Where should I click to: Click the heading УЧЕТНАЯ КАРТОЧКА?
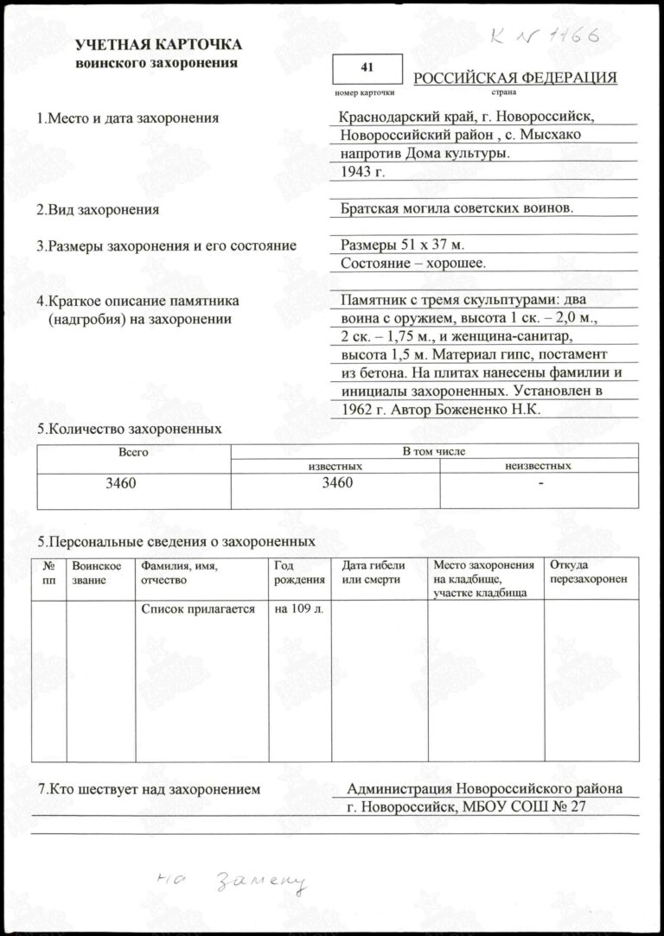coord(158,45)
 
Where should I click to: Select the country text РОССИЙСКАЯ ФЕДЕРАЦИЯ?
coord(515,79)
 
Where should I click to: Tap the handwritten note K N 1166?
coord(542,37)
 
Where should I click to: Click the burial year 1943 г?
coord(362,171)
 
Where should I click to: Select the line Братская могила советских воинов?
coord(457,208)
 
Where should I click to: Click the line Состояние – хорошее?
coord(413,263)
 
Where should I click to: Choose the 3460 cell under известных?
coord(335,483)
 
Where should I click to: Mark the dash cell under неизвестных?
coord(539,483)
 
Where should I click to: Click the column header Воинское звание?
coord(91,573)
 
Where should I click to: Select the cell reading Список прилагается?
coord(198,609)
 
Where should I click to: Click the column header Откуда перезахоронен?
coord(588,572)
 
